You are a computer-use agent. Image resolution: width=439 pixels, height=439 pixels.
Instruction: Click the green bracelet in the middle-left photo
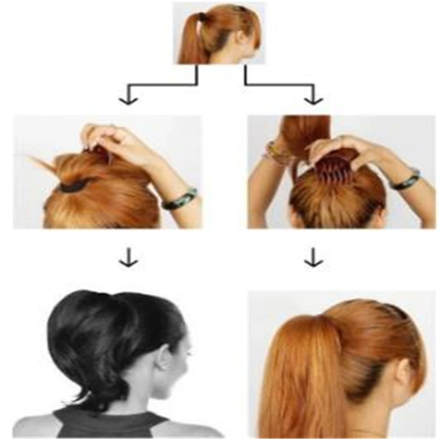coord(180,198)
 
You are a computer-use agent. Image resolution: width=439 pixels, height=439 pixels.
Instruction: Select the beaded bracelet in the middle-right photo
coord(278,153)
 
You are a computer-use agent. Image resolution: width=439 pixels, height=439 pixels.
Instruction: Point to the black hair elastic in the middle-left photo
coord(74,186)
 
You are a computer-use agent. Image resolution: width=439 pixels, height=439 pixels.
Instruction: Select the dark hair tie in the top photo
coord(203,18)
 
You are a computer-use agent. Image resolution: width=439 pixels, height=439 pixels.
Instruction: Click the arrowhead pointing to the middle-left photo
coord(127,99)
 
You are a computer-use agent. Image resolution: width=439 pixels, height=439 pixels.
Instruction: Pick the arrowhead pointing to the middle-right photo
coord(314,99)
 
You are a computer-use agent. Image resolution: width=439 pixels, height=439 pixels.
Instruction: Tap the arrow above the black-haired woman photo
coord(128,258)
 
